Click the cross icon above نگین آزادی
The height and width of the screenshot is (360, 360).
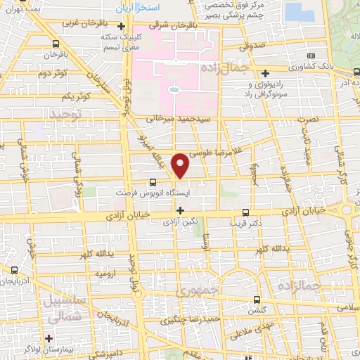pos(181,210)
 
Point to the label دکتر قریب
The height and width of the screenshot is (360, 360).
pos(242,224)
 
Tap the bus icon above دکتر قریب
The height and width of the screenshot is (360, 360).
pos(245,212)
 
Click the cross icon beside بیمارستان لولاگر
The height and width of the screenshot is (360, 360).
pos(49,337)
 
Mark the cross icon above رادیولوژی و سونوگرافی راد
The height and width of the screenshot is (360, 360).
pos(265,73)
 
